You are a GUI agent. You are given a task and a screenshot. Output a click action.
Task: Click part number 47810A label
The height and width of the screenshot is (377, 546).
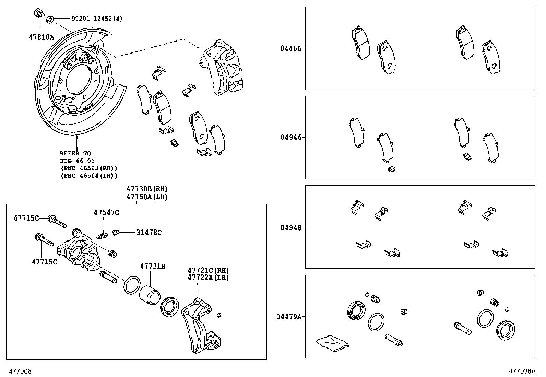(41, 37)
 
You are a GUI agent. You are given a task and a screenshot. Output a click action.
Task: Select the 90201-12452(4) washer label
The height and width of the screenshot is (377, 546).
(97, 19)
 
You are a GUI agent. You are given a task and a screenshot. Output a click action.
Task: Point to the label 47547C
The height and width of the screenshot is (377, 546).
(106, 213)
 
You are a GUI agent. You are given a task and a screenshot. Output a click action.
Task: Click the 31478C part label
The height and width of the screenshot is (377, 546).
(149, 232)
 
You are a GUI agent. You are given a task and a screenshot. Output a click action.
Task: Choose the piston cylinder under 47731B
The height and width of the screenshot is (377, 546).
(150, 295)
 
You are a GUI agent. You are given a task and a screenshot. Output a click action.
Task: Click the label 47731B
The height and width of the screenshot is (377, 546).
(153, 266)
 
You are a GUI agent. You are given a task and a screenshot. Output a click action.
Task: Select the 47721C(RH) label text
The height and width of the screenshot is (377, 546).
(208, 271)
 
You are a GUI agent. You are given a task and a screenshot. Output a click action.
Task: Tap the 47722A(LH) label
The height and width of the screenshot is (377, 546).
(208, 278)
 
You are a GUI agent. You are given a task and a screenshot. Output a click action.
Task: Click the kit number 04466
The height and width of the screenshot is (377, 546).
(290, 48)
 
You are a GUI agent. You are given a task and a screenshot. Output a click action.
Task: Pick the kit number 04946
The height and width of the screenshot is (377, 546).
(290, 137)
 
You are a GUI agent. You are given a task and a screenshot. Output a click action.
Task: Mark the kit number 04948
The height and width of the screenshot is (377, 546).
(290, 227)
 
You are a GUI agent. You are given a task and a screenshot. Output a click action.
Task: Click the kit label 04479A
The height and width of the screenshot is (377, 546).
(288, 317)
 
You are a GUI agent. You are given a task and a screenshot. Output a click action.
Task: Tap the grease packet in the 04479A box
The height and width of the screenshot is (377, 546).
(332, 343)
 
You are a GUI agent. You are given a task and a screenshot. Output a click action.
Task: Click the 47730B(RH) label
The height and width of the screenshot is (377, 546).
(147, 189)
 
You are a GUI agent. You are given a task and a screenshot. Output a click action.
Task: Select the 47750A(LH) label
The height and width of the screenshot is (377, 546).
(147, 197)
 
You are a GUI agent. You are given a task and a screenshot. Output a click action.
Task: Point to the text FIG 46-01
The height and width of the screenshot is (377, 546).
(77, 161)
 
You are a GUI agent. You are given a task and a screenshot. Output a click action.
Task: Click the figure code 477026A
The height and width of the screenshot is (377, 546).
(522, 371)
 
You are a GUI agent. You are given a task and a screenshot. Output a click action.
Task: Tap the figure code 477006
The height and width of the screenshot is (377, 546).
(20, 371)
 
